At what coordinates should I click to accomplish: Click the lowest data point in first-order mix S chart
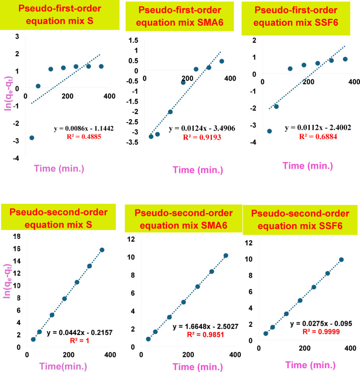(x=32, y=138)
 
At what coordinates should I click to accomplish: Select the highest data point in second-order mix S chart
(x=102, y=250)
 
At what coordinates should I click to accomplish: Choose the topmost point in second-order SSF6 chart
(x=341, y=259)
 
